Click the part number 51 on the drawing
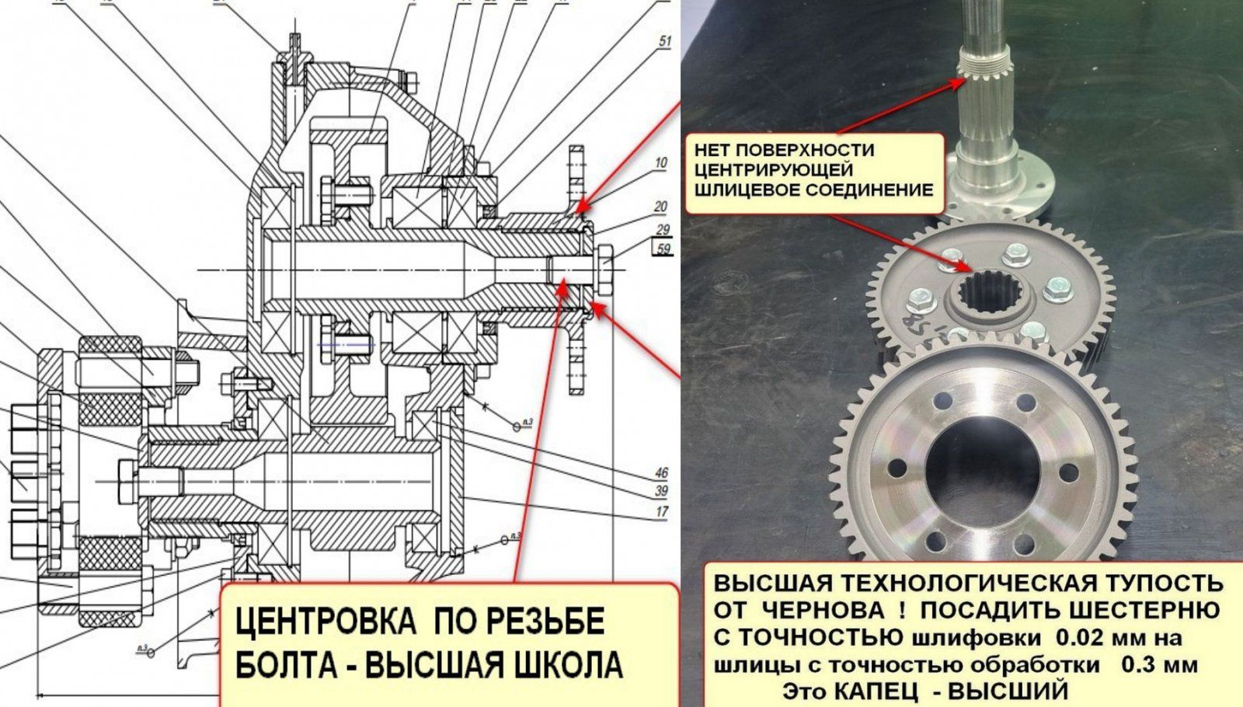[664, 42]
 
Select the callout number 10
[660, 163]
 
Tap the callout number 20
[660, 207]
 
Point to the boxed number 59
[663, 249]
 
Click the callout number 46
[661, 473]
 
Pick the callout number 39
[661, 491]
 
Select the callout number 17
[661, 511]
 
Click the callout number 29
[663, 229]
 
